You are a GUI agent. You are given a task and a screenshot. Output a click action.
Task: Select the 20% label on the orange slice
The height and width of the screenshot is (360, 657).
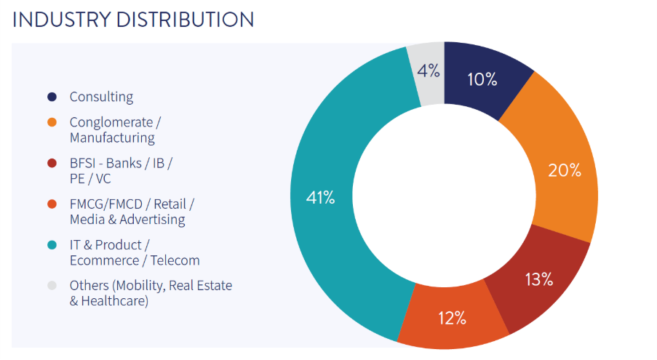pos(565,171)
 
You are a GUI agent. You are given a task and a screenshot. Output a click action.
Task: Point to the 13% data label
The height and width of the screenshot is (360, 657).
pos(538,279)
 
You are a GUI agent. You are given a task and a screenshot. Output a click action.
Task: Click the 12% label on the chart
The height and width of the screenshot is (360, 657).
pos(452,318)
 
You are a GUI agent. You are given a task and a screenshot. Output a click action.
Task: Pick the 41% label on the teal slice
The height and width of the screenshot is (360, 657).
pos(320,197)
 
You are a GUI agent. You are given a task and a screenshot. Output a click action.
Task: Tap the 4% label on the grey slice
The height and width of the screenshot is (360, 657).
pos(429,71)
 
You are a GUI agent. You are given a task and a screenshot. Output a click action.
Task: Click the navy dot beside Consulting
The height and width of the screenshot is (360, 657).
pos(52,97)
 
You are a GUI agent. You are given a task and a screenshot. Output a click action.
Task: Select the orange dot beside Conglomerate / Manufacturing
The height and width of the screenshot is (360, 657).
pos(52,122)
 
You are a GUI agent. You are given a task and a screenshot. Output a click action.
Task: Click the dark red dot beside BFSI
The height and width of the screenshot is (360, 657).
pos(52,164)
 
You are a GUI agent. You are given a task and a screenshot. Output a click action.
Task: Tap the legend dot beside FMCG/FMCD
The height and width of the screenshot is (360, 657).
pos(52,204)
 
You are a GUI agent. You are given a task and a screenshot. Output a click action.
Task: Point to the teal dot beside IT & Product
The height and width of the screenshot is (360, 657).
pos(52,245)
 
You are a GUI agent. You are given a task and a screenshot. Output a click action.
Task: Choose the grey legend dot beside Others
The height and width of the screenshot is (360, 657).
pos(52,286)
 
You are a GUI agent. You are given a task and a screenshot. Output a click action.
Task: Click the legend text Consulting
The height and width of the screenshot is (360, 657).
pos(101,97)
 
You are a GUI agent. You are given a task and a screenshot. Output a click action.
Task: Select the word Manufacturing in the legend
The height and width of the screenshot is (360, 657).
pos(112,137)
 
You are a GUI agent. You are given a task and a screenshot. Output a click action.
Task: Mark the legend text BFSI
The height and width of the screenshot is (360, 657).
pos(84,164)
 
